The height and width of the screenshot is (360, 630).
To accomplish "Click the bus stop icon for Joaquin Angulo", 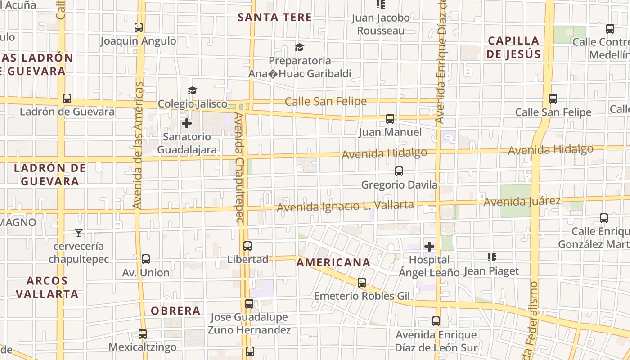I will click(139, 27).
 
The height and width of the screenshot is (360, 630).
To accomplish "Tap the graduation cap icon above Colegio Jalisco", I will click(192, 90).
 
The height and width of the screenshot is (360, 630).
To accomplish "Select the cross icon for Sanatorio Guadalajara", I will click(187, 123).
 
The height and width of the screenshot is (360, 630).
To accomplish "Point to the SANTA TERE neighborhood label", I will click(274, 18).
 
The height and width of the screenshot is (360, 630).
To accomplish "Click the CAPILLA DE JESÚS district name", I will click(513, 47).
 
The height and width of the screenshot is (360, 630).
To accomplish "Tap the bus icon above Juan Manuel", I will click(390, 119).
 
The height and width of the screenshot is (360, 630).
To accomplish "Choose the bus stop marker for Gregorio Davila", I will click(399, 171).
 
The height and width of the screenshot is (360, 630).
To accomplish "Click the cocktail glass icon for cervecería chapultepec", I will click(79, 233).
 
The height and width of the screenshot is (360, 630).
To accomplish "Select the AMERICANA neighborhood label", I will click(333, 262).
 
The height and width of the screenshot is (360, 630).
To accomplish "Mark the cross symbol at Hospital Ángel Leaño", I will click(429, 246).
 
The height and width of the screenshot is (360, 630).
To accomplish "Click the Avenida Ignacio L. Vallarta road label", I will click(345, 206).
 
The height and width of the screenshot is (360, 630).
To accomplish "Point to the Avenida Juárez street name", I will click(522, 202).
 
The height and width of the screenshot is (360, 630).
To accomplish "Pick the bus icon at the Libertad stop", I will click(247, 246).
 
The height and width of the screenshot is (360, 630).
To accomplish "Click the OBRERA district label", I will click(175, 310).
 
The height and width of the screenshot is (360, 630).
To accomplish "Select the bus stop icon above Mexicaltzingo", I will click(143, 334).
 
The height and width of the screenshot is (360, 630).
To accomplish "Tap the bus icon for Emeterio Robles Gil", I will click(362, 283).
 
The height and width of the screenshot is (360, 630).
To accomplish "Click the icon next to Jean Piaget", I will click(492, 257).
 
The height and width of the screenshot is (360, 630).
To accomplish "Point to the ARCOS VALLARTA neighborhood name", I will click(47, 287).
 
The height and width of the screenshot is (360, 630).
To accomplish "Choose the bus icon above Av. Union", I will click(146, 259).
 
